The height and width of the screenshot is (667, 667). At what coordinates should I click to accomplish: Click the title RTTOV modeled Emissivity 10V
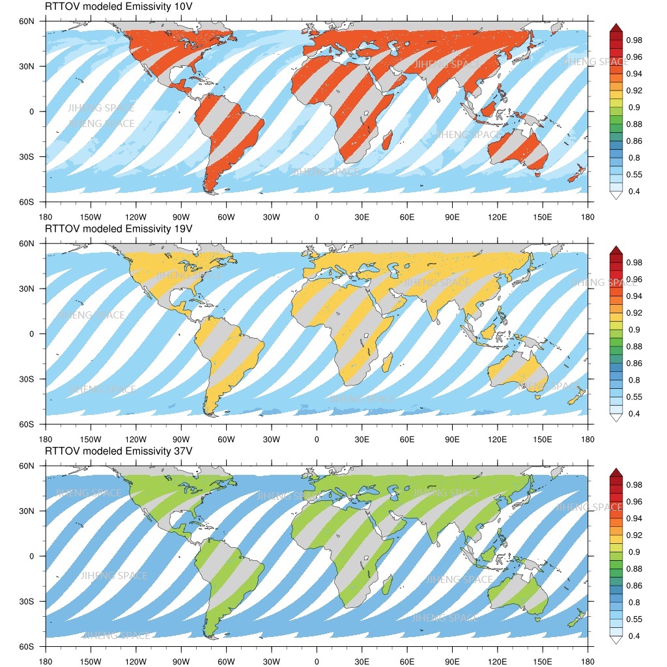tap(109, 7)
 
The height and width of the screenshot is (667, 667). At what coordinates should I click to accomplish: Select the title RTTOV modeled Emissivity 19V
tap(109, 229)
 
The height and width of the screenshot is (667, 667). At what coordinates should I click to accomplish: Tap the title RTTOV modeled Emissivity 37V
tap(109, 451)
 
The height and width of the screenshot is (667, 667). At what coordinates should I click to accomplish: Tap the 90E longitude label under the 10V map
tap(453, 217)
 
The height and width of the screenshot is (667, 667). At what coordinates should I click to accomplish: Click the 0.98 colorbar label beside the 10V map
tap(634, 40)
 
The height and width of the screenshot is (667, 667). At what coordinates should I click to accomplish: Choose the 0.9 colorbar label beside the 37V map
tap(631, 552)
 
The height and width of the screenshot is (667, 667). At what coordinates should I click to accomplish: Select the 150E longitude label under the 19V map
tap(543, 439)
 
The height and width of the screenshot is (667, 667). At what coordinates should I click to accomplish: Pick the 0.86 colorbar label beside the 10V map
tap(634, 141)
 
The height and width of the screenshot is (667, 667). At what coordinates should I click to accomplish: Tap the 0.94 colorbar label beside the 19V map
tap(634, 296)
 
